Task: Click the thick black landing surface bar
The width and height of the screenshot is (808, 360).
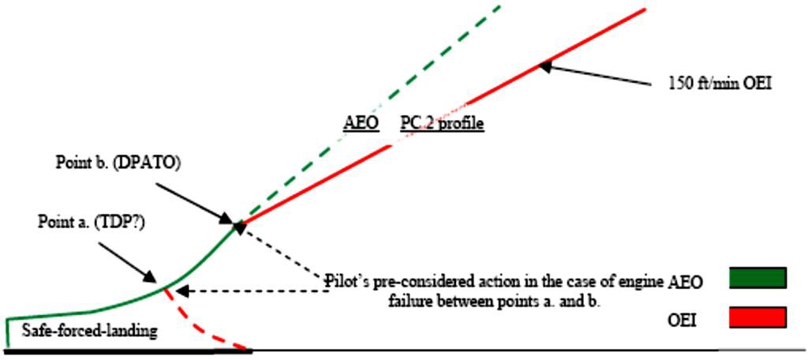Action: click(126, 350)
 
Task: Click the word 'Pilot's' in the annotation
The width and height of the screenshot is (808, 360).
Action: click(346, 279)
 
